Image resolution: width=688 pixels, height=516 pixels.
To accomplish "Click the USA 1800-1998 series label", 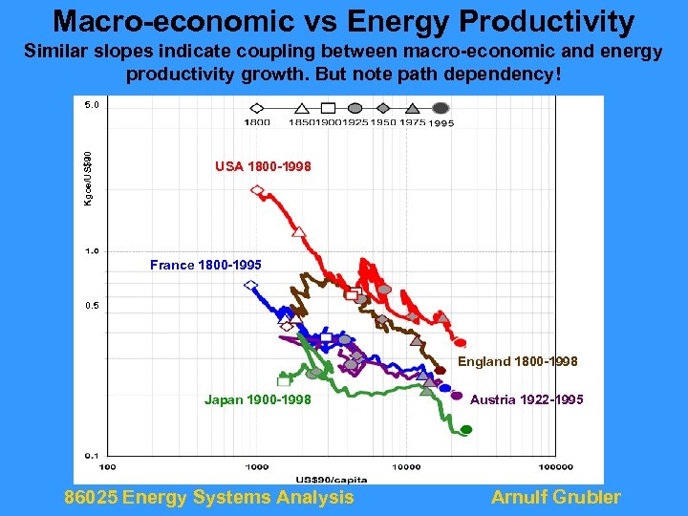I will (263, 167).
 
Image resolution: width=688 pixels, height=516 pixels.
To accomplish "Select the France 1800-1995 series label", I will (205, 265).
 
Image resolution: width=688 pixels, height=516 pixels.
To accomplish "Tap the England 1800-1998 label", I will (518, 361).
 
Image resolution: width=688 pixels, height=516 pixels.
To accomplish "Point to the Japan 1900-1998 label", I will (258, 399).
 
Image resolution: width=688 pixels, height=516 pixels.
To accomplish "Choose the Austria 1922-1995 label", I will (527, 399).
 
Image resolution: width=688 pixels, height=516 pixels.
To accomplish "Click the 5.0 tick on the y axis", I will (90, 105).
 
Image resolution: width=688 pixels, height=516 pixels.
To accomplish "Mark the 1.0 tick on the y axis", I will (90, 251).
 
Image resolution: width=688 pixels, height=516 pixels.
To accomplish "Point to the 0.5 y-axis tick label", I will (90, 306).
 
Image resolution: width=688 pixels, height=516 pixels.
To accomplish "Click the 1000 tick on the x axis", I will (255, 466).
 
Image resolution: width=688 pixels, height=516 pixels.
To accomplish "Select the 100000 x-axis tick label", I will (556, 466).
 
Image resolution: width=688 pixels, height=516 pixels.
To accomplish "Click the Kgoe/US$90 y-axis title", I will (88, 178).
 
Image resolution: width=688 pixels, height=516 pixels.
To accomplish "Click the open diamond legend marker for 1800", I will (259, 108).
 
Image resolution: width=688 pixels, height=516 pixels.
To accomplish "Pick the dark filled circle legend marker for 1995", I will (441, 108).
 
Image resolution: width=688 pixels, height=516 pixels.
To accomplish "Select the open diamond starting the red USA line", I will (256, 190).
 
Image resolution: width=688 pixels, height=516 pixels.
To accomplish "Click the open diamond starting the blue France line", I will (251, 285).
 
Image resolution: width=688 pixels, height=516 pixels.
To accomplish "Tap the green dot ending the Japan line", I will (466, 430).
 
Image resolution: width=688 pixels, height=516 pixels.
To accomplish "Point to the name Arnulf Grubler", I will (555, 497).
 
